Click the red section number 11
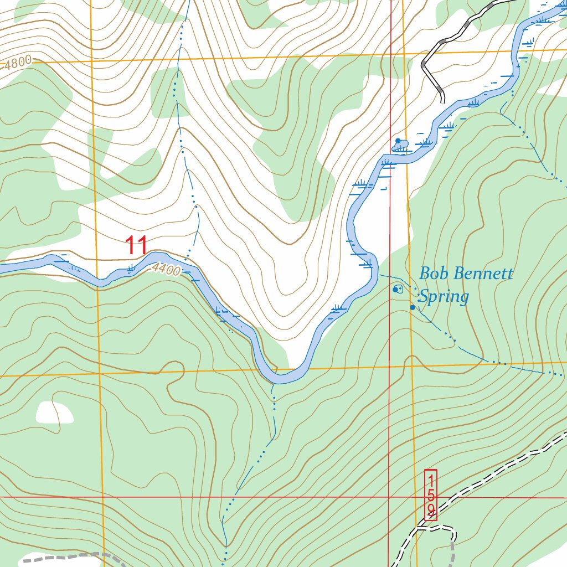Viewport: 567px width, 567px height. pos(136,245)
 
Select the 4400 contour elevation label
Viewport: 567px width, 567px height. pos(166,270)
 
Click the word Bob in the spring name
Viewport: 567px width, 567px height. pos(432,274)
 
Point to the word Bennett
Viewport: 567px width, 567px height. pos(481,274)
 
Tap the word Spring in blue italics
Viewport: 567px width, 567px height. pos(443,297)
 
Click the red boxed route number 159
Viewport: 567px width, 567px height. pos(431,494)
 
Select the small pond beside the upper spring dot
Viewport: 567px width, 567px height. pos(401,146)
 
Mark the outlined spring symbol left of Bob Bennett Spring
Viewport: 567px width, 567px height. pos(397,289)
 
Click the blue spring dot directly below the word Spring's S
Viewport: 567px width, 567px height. pos(412,307)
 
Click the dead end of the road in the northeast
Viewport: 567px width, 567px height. pos(442,101)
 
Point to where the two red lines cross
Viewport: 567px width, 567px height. pos(390,497)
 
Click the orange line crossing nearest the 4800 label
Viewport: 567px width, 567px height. pos(92,60)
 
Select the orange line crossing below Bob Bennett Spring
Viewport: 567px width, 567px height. pos(412,365)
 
